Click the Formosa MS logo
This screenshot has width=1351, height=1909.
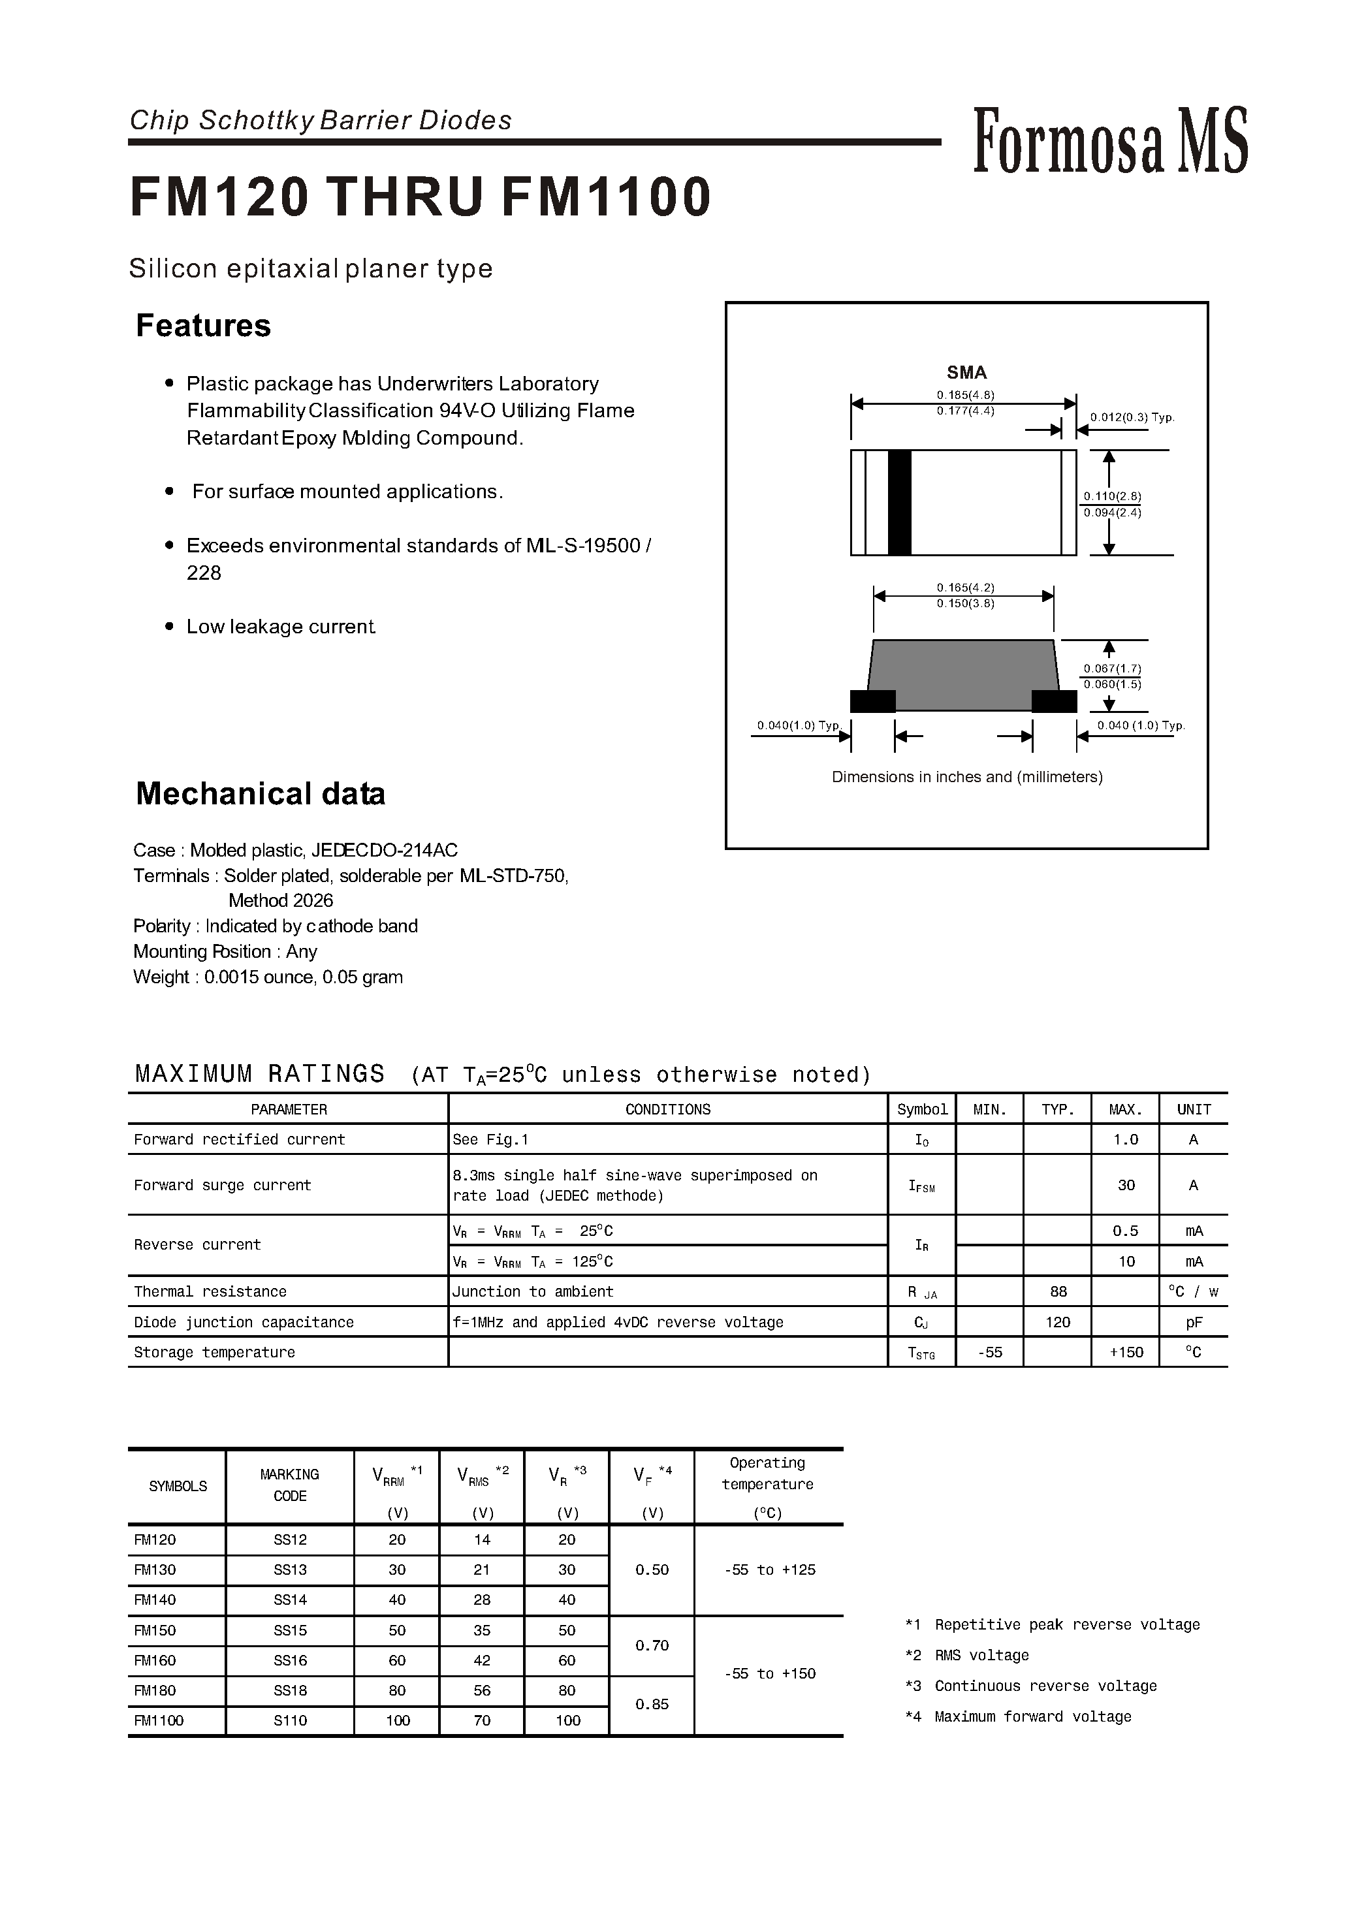click(1110, 142)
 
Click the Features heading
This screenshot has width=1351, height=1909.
click(203, 325)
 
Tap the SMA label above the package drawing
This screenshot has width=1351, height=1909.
click(966, 373)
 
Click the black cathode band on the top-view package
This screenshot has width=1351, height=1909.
click(899, 503)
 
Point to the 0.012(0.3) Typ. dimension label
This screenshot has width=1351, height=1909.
click(1132, 418)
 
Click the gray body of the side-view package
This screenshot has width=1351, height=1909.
click(963, 674)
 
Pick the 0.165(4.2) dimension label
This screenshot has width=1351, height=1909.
click(965, 587)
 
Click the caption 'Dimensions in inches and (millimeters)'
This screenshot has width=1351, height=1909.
click(966, 777)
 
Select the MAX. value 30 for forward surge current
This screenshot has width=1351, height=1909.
click(1126, 1186)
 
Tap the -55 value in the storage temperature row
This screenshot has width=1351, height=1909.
click(990, 1353)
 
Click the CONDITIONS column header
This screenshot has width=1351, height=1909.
click(667, 1110)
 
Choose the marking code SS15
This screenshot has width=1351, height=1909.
click(289, 1630)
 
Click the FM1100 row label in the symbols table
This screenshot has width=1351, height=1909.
click(159, 1720)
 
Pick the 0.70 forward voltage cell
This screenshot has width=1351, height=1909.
click(652, 1645)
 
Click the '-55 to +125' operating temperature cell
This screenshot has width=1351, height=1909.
click(769, 1570)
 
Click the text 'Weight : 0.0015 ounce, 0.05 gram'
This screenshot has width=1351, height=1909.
click(268, 977)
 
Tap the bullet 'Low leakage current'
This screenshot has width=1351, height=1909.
click(280, 627)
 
